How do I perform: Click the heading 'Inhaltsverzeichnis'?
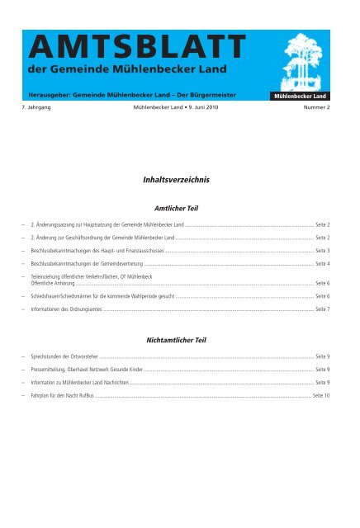[180, 177]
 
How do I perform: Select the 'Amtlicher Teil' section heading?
[180, 210]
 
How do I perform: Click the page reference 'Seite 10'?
[321, 396]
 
